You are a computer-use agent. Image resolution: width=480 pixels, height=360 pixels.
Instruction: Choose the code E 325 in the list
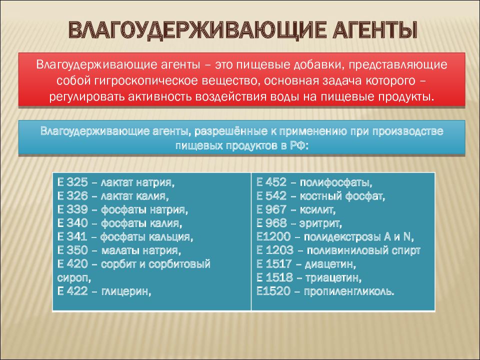pos(72,182)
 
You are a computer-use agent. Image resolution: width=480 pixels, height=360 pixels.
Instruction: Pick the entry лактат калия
pos(135,196)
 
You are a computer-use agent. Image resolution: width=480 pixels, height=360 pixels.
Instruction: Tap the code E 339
pos(72,209)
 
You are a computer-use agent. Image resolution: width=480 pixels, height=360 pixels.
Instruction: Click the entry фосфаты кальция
pos(147,236)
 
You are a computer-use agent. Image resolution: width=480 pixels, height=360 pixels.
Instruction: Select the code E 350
pos(72,250)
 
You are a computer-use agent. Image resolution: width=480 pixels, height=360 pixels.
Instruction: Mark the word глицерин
pos(126,291)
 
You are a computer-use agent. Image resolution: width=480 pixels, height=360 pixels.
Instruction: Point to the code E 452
pos(271,182)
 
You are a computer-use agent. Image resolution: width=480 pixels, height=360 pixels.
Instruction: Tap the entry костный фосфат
pos(342,196)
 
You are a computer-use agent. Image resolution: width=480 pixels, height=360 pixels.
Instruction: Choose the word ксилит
pos(318,209)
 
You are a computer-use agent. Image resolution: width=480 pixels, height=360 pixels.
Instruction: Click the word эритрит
pos(320,223)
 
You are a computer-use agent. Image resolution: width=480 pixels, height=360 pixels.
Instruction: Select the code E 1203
pos(275,250)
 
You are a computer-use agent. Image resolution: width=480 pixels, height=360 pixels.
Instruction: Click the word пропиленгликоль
pos(349,291)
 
